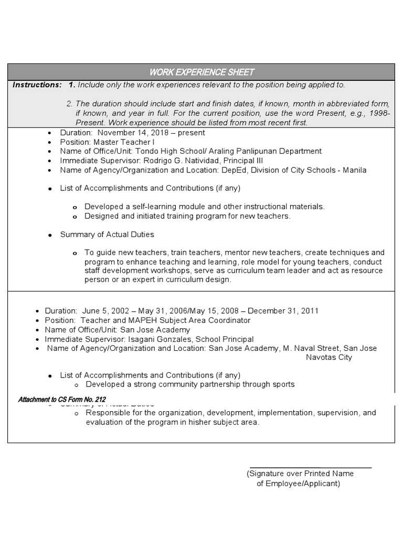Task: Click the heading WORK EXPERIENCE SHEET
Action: coord(202,72)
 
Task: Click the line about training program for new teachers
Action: coord(187,216)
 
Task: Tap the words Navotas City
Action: coord(329,357)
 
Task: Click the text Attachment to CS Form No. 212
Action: coord(62,400)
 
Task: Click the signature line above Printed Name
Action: coord(311,467)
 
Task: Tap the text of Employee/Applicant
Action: coord(298,484)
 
